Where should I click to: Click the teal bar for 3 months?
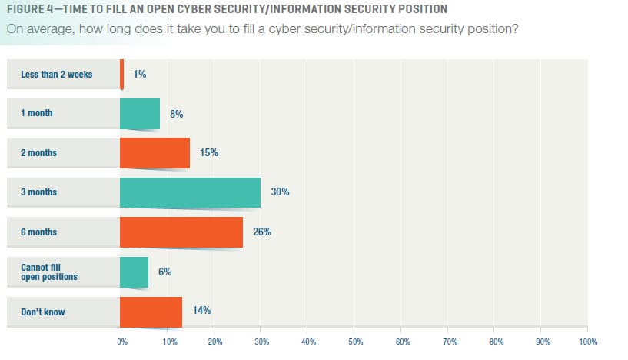(190, 192)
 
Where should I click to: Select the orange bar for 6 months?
(181, 232)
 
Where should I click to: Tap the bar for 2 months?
(155, 153)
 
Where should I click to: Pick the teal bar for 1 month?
(140, 113)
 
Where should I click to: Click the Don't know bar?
(151, 311)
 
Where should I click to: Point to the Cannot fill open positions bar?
(134, 272)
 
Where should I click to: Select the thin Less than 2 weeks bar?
(121, 74)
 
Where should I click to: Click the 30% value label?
(280, 192)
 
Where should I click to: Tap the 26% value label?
(261, 232)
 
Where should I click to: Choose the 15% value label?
(208, 153)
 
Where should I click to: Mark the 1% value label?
(139, 74)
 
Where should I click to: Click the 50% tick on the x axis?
(355, 340)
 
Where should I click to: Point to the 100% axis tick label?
(588, 340)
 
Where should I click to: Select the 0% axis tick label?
(121, 340)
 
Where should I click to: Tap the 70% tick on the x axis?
(449, 340)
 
